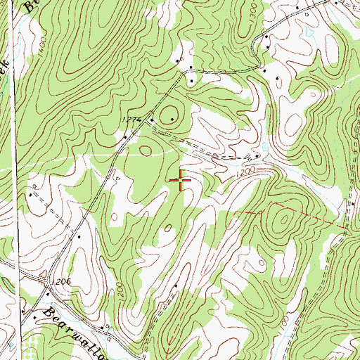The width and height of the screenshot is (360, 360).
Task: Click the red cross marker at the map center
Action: (181, 181)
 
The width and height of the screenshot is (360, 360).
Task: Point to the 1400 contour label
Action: (44, 49)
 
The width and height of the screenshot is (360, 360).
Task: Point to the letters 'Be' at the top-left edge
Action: (30, 7)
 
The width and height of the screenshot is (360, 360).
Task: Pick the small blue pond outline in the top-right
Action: (307, 32)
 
